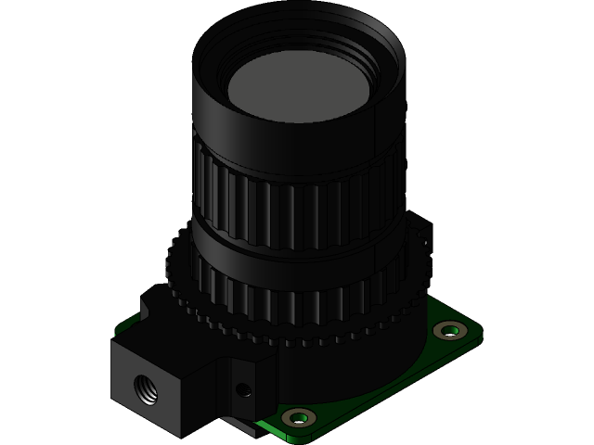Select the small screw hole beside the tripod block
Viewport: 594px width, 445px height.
click(245, 389)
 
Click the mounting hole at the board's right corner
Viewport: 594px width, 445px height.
click(451, 330)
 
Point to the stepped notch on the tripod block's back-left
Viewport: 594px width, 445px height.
click(153, 301)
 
